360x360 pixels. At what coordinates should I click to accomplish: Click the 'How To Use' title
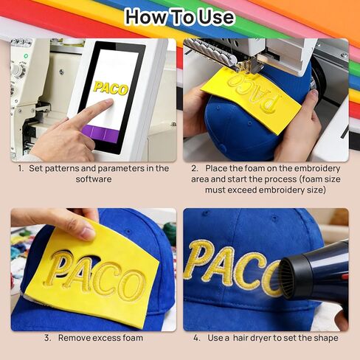click(180, 17)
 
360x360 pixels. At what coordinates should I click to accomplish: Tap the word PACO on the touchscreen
click(111, 89)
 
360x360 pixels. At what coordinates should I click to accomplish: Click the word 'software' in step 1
click(94, 179)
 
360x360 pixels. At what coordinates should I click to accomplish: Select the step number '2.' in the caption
click(195, 168)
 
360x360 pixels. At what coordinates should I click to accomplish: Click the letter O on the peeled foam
click(132, 285)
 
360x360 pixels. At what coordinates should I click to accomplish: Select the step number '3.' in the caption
click(48, 338)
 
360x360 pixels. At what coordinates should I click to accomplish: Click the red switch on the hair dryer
click(345, 277)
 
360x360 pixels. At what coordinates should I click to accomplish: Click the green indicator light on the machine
click(26, 56)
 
